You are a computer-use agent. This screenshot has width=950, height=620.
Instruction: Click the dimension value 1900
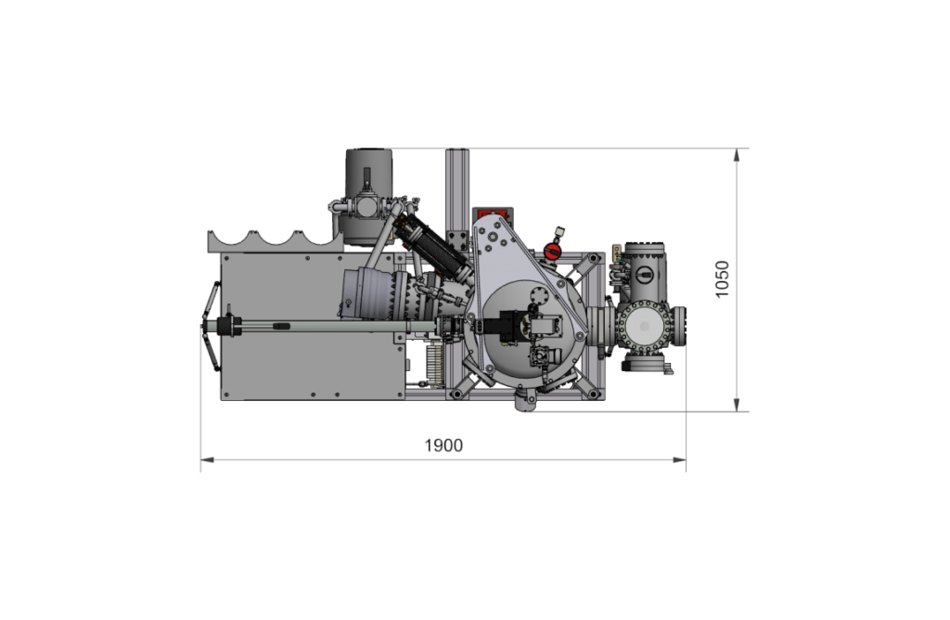coord(443,446)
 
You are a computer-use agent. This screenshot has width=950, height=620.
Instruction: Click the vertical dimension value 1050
coord(722,278)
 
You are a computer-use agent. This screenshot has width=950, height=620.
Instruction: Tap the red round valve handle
coord(552,251)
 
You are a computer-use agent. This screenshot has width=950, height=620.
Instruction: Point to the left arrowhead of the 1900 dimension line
coord(207,460)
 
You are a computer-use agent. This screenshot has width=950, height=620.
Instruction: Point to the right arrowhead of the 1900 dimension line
coord(679,460)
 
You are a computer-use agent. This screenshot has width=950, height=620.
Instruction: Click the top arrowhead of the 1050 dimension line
coord(737,155)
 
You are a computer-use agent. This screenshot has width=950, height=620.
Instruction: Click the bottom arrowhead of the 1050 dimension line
coord(737,405)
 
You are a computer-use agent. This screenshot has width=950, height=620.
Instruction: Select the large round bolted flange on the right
coord(644,326)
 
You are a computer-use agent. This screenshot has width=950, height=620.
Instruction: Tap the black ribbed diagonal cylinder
coord(430,239)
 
